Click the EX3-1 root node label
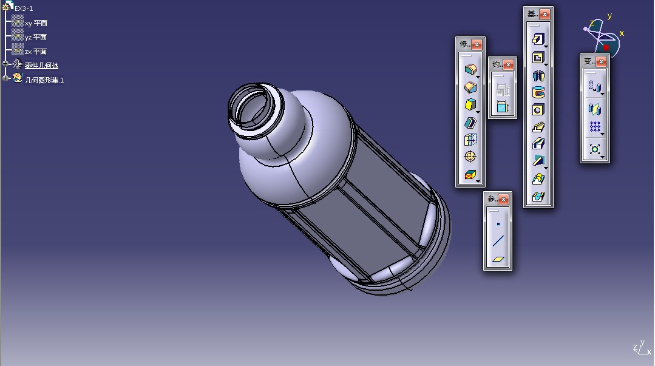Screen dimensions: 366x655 tap(24, 8)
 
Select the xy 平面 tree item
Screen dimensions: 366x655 tap(36, 23)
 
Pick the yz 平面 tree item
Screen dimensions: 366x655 tap(36, 37)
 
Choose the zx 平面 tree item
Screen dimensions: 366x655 tap(36, 52)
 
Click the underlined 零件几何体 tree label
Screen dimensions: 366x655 tap(41, 66)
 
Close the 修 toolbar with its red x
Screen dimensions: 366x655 tap(477, 44)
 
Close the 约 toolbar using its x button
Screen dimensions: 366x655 tap(509, 64)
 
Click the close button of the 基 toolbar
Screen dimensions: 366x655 tap(545, 14)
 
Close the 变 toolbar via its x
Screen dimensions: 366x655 tap(601, 61)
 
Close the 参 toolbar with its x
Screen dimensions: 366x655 tap(503, 199)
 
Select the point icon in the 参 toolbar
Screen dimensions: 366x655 tap(498, 224)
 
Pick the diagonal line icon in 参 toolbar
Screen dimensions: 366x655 tap(498, 242)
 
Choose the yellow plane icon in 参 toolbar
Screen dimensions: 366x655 tap(498, 259)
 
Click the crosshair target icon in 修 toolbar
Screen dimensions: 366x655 tap(470, 157)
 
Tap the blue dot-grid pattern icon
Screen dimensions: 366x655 tap(595, 127)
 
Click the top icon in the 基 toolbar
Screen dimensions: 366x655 tap(538, 39)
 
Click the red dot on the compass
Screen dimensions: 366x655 tap(606, 47)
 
